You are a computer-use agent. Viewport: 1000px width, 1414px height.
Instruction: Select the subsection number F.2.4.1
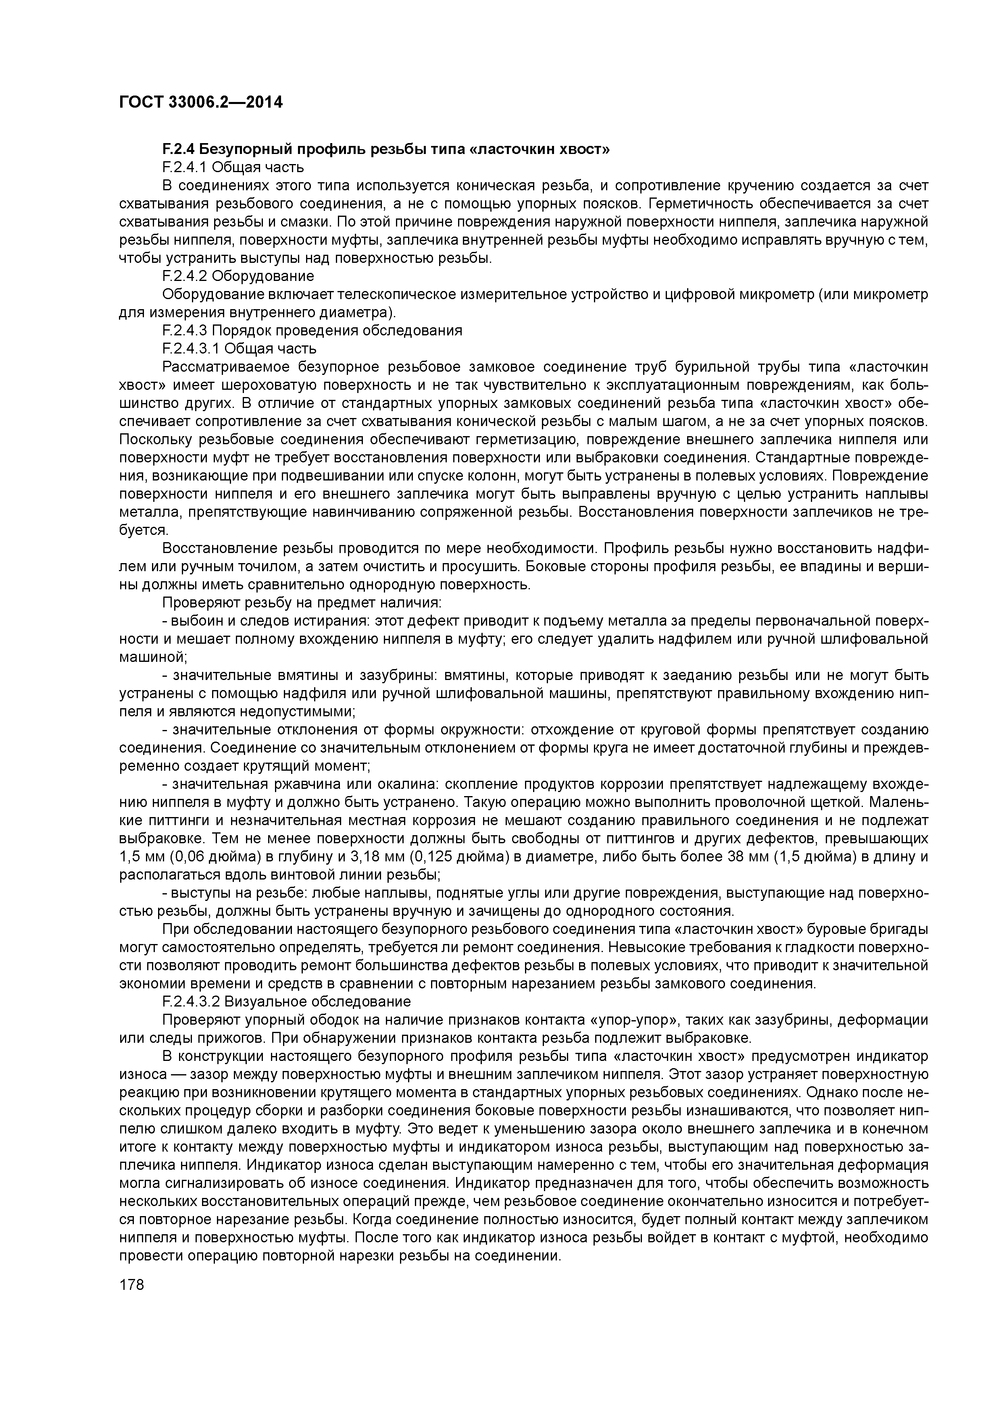[x=185, y=168]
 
